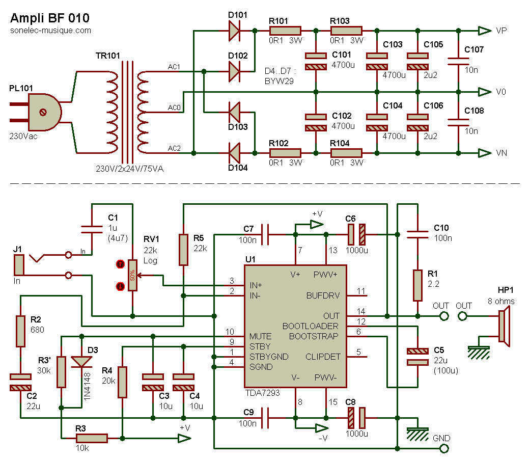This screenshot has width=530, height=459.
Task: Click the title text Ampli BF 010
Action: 50,18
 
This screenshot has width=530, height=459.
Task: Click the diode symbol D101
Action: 234,31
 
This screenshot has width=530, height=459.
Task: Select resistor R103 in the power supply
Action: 346,31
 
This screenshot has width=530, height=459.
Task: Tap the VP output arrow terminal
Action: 484,31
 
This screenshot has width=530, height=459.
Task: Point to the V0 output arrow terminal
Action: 484,92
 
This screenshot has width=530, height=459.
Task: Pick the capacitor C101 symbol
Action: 316,61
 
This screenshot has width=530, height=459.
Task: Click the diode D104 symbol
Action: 234,153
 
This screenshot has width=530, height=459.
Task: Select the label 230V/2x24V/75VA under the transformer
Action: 129,169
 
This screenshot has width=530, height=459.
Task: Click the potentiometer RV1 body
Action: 132,275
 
